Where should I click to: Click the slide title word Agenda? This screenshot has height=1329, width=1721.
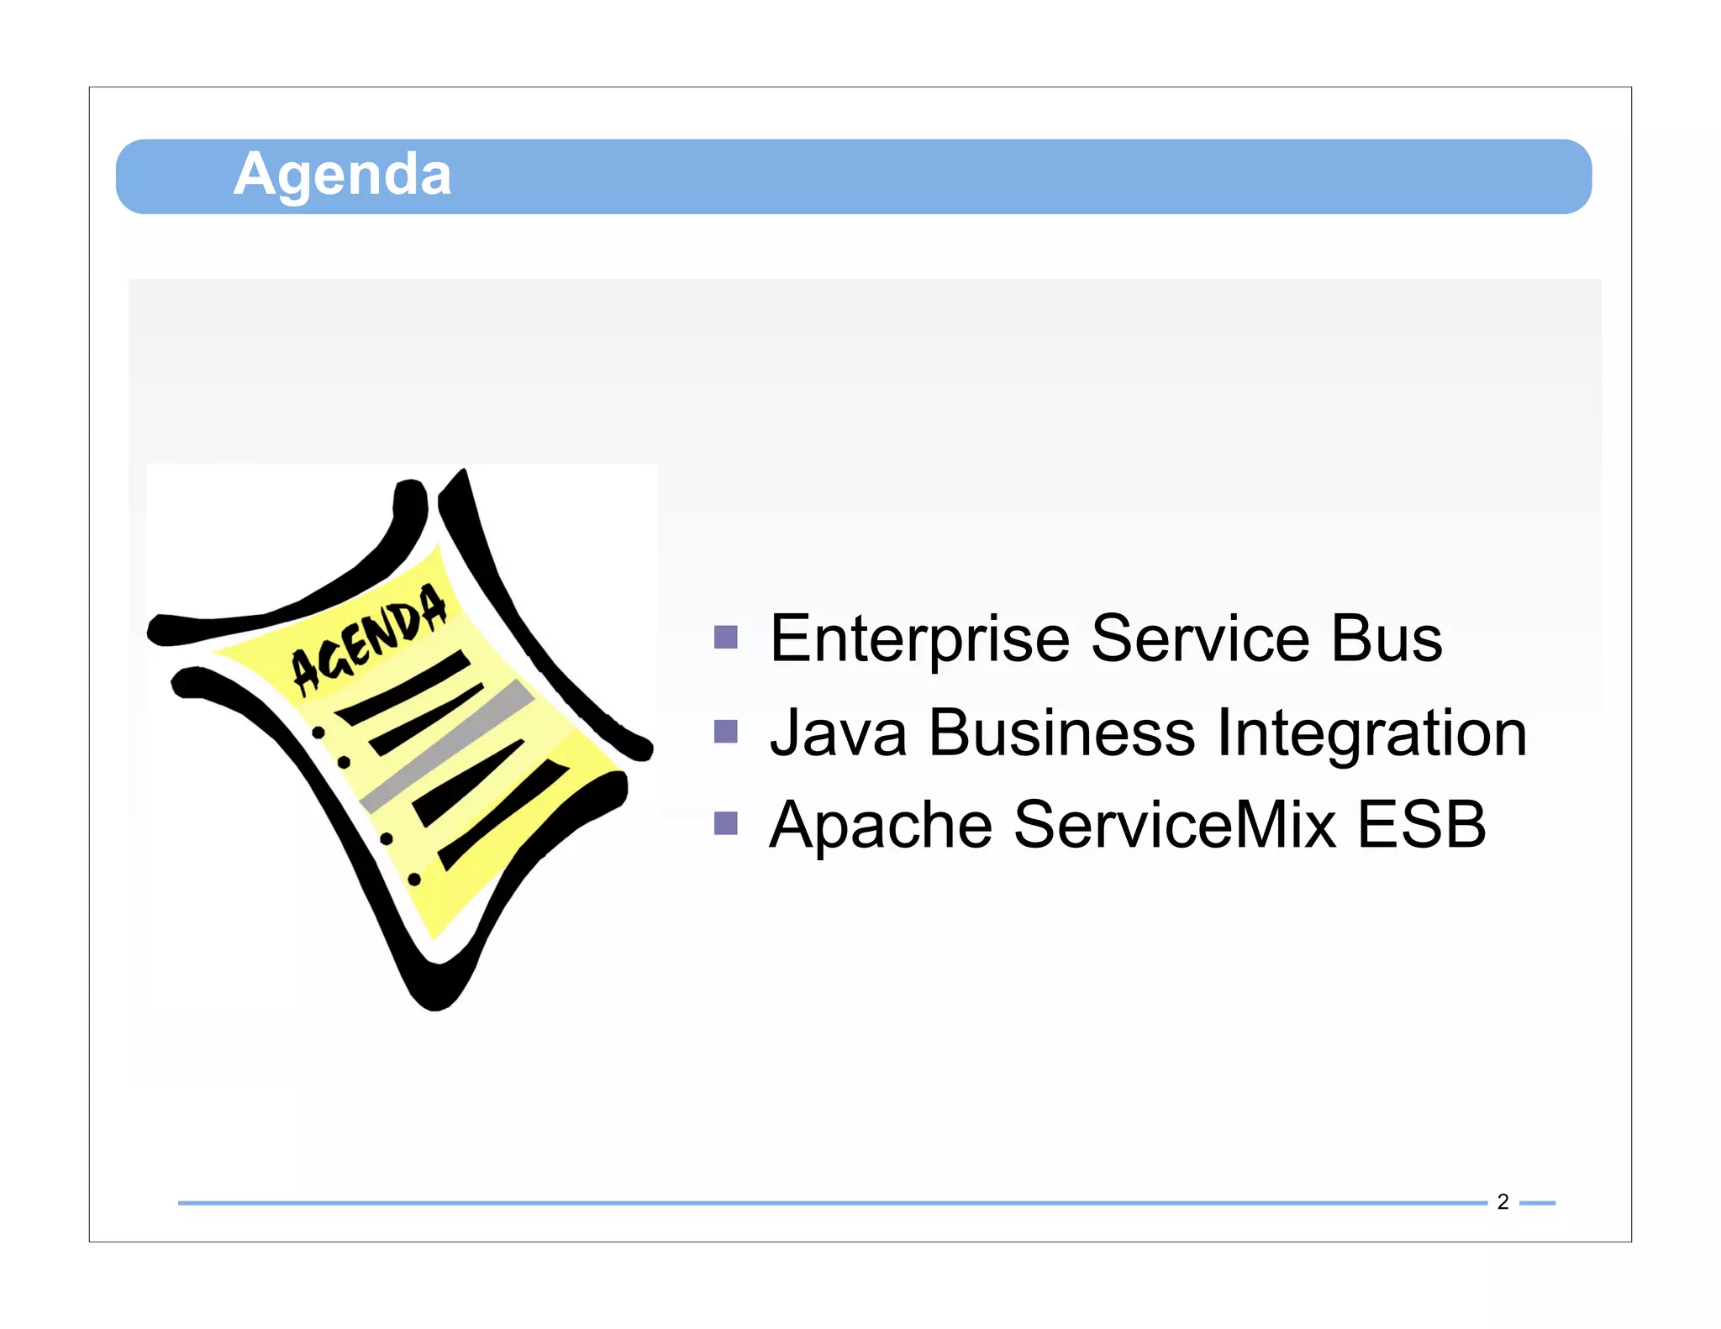(x=342, y=175)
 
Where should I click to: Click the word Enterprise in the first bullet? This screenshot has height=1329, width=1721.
(x=919, y=639)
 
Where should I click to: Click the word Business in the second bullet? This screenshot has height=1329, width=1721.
(x=1061, y=733)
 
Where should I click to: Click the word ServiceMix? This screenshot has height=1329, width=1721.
(x=1174, y=825)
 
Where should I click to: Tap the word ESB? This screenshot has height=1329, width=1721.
(x=1421, y=825)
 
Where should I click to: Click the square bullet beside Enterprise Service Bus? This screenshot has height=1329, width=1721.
(x=725, y=638)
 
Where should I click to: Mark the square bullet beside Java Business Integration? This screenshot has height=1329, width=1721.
(x=725, y=732)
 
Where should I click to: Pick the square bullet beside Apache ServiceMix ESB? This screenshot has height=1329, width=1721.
(x=725, y=823)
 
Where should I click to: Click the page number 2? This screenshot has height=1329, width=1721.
(x=1503, y=1202)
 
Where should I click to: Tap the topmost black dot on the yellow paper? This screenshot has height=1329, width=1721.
(x=318, y=733)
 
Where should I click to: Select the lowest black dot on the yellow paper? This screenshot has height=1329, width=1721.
(x=414, y=880)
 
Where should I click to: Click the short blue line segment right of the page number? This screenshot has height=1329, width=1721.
(x=1537, y=1203)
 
